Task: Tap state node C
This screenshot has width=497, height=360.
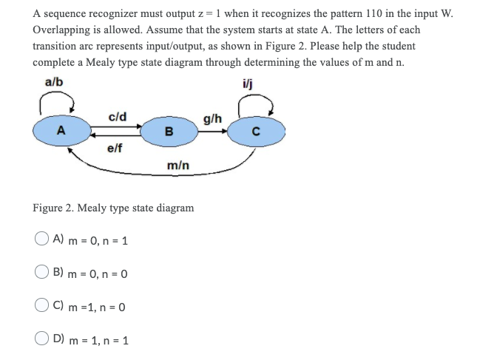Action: [x=255, y=133]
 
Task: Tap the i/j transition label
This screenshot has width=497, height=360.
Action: [x=266, y=82]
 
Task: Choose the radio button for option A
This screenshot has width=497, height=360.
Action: [x=41, y=240]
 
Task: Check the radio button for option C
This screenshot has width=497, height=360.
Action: [x=41, y=306]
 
